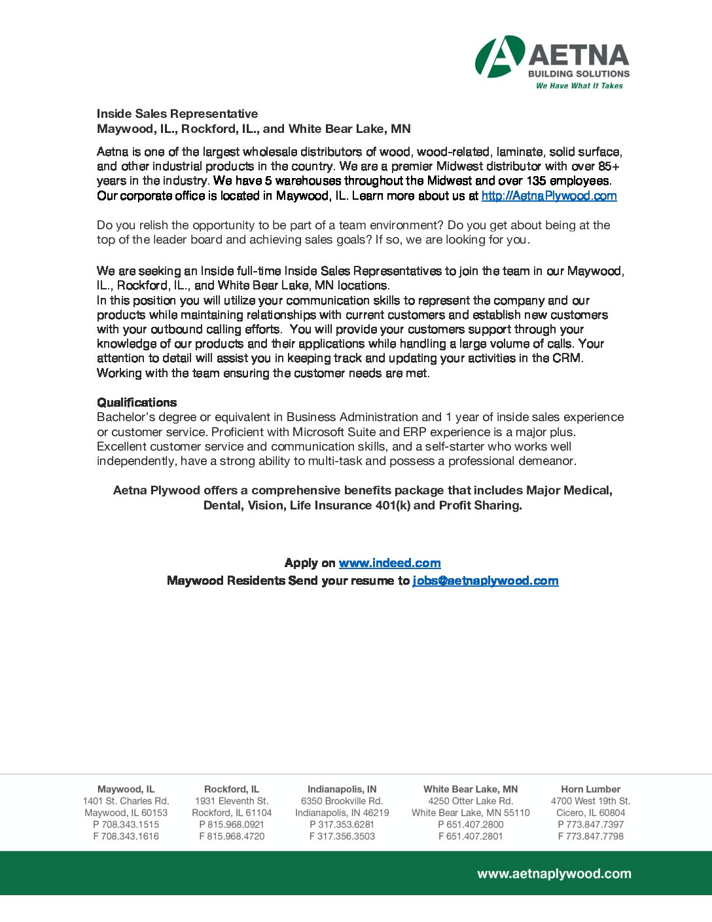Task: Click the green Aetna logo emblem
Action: [x=499, y=56]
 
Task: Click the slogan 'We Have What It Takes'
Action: [x=579, y=86]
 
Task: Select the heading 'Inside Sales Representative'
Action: [x=177, y=114]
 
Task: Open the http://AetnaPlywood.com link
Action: [x=549, y=196]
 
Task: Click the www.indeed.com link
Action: [x=389, y=563]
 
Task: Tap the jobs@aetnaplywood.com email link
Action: [x=485, y=581]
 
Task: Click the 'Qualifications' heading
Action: [x=137, y=403]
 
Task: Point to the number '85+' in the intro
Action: [x=609, y=166]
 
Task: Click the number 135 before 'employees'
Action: [x=536, y=181]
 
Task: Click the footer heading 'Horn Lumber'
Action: [x=590, y=789]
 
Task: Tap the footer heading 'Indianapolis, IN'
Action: [x=342, y=789]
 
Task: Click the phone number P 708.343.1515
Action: [x=126, y=824]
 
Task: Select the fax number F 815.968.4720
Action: [x=232, y=836]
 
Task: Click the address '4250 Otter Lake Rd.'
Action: [x=471, y=801]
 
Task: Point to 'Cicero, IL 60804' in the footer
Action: [x=590, y=813]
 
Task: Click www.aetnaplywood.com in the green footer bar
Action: [x=554, y=874]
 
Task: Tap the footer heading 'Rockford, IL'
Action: [x=232, y=789]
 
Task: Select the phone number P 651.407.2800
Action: [x=471, y=824]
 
